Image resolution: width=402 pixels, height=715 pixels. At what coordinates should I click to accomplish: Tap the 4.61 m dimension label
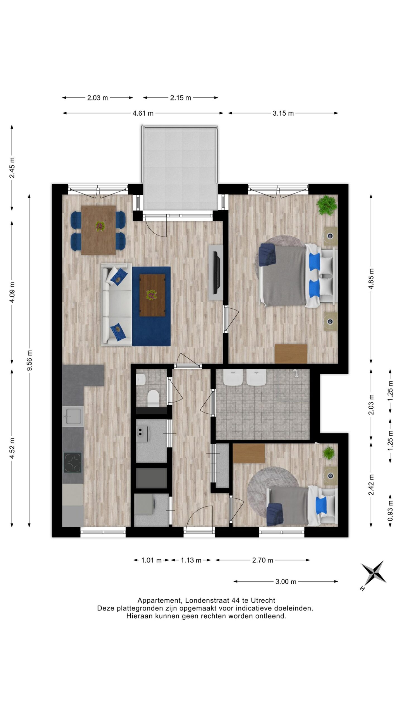143,113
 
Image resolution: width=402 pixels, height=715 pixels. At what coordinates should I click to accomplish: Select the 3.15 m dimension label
283,113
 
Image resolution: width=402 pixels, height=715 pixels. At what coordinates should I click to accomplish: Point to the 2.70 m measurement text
262,560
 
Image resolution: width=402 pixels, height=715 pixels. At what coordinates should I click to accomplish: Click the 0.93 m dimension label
390,510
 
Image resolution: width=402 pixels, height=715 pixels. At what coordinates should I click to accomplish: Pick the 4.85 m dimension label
371,279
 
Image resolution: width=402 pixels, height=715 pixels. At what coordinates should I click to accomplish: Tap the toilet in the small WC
153,398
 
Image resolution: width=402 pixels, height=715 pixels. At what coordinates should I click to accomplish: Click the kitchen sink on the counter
73,416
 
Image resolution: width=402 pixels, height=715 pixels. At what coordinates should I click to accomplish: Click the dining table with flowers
99,230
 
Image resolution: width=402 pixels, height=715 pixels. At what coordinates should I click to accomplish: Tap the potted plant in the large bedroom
327,205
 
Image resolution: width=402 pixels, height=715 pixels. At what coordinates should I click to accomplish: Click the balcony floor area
180,168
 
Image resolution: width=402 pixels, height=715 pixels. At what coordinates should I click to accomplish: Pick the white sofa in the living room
116,304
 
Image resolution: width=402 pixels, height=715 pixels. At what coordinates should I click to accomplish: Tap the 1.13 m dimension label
191,560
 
